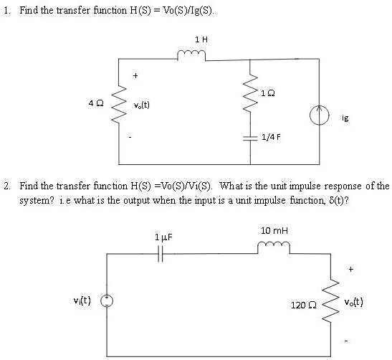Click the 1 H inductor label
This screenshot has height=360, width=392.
click(x=201, y=39)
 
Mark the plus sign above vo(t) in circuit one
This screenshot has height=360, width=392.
click(x=135, y=75)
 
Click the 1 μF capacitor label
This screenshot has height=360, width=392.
click(x=164, y=236)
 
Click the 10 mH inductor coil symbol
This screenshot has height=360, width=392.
click(x=272, y=248)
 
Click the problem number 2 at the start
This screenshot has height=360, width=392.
click(x=6, y=185)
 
